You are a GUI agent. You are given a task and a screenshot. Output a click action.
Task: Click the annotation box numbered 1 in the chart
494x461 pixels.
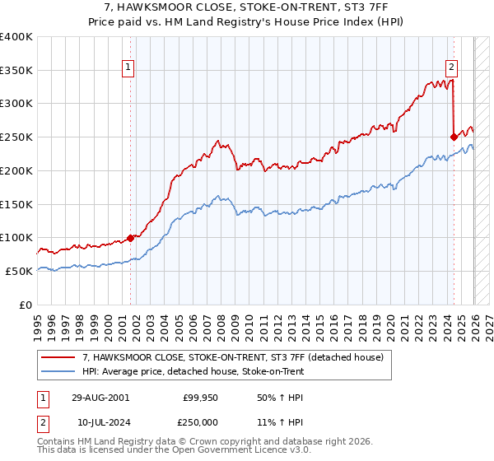point(129,69)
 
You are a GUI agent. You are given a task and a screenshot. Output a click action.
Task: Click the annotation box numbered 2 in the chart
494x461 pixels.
point(452,69)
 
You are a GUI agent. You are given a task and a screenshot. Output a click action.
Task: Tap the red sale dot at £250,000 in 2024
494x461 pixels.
point(454,137)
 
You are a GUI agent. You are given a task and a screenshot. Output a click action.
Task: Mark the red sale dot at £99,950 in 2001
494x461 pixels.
point(130,238)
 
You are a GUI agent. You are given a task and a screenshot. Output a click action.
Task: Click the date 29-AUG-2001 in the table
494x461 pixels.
point(100,397)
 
